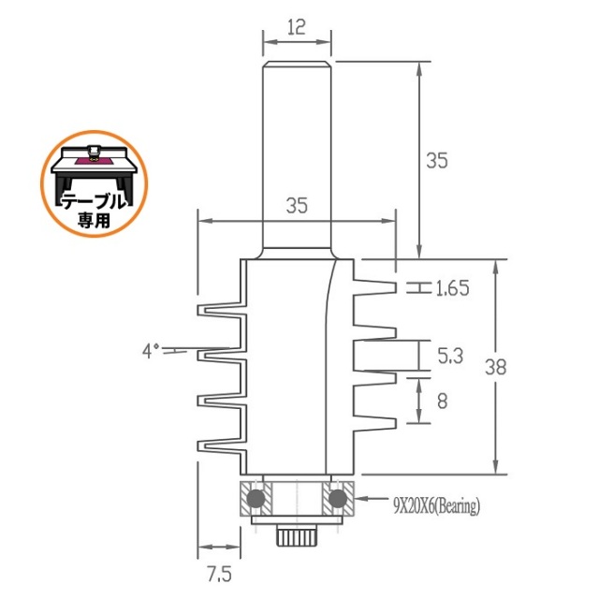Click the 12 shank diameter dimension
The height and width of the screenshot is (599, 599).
(x=297, y=27)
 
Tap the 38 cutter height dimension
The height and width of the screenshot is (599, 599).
(x=496, y=367)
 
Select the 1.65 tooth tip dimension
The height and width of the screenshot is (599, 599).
(x=452, y=288)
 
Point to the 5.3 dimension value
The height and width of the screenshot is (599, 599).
(x=450, y=356)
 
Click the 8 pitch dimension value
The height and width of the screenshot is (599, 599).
(x=442, y=402)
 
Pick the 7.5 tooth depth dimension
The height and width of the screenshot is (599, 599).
(x=219, y=574)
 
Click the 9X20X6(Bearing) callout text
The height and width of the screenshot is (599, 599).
(x=437, y=506)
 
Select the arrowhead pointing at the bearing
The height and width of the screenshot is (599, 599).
(x=362, y=499)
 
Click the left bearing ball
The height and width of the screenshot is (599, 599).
(x=256, y=498)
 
